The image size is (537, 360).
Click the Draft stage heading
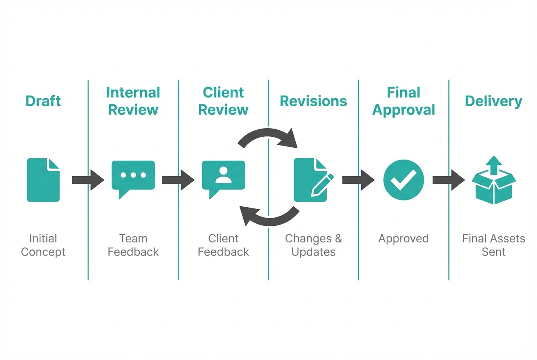[x=43, y=101]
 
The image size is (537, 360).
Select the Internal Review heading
[x=133, y=101]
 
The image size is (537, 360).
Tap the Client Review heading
[x=223, y=101]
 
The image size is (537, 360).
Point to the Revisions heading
[x=313, y=101]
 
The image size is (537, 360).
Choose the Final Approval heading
[x=403, y=101]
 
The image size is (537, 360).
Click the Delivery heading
[x=493, y=101]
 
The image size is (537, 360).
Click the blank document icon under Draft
[x=43, y=180]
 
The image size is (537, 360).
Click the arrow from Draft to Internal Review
[x=88, y=180]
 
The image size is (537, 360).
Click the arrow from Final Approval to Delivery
[x=448, y=180]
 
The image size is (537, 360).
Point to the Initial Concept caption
[x=43, y=245]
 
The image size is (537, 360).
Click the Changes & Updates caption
[x=313, y=245]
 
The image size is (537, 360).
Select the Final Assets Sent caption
[x=493, y=245]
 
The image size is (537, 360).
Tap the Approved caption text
[x=403, y=239]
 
